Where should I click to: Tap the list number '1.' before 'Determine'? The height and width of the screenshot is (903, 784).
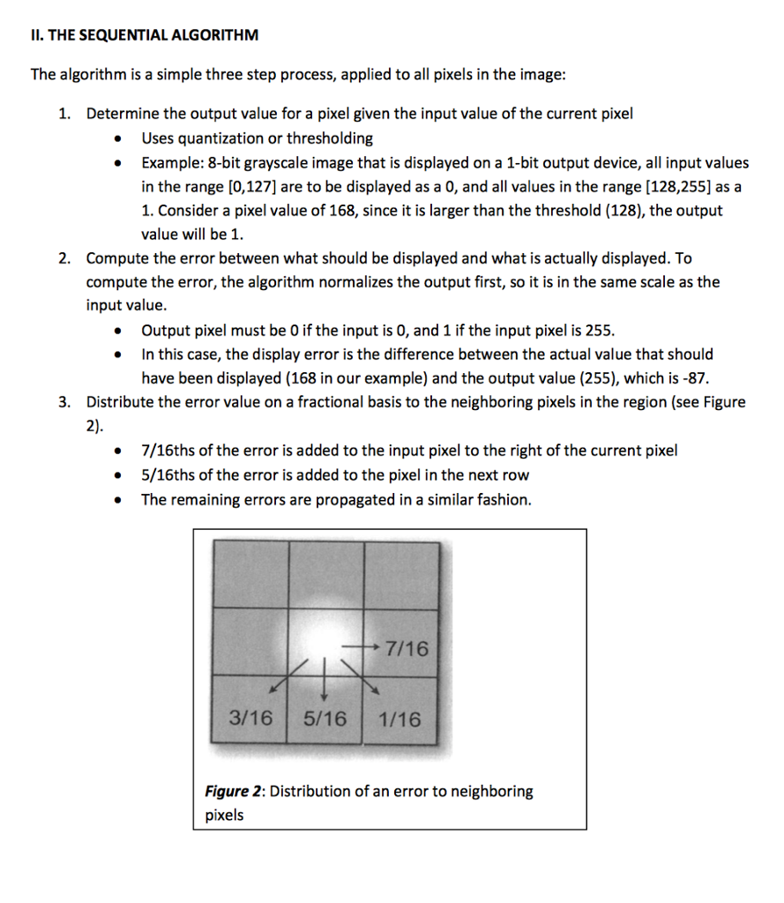(64, 114)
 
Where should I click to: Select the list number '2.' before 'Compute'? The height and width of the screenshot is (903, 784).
(64, 258)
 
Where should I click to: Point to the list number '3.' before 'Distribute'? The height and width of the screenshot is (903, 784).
(64, 403)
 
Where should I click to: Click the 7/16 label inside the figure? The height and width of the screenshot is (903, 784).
(407, 650)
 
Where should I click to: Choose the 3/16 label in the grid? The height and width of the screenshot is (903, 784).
(250, 719)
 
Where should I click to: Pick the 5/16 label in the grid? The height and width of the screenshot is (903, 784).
(325, 719)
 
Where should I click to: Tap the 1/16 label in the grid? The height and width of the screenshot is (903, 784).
(399, 719)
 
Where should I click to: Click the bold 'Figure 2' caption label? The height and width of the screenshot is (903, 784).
(234, 791)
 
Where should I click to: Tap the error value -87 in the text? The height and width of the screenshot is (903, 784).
(698, 378)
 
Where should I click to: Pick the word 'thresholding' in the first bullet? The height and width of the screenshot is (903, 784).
(332, 138)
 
